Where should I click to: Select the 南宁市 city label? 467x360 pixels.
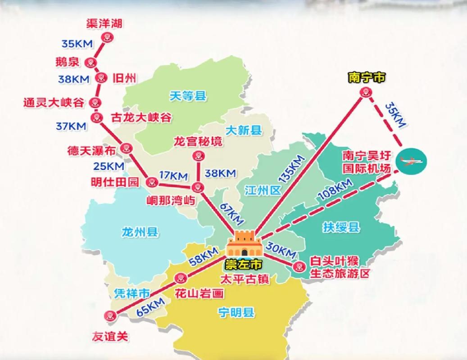[367, 77]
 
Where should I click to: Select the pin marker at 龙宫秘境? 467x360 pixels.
[197, 156]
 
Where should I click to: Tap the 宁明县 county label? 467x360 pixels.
[235, 312]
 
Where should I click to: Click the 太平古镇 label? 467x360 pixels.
[245, 279]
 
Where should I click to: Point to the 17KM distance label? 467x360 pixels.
[172, 173]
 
